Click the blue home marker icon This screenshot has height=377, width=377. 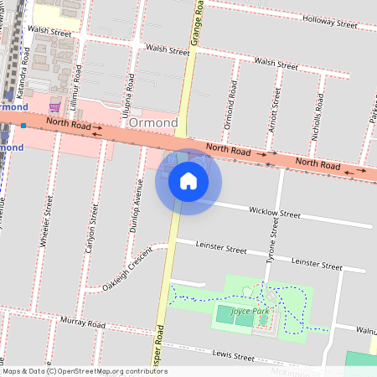point(188,180)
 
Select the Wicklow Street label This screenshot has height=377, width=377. point(276,214)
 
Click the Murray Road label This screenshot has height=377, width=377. point(82,323)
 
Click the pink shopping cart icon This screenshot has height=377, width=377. point(55,106)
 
